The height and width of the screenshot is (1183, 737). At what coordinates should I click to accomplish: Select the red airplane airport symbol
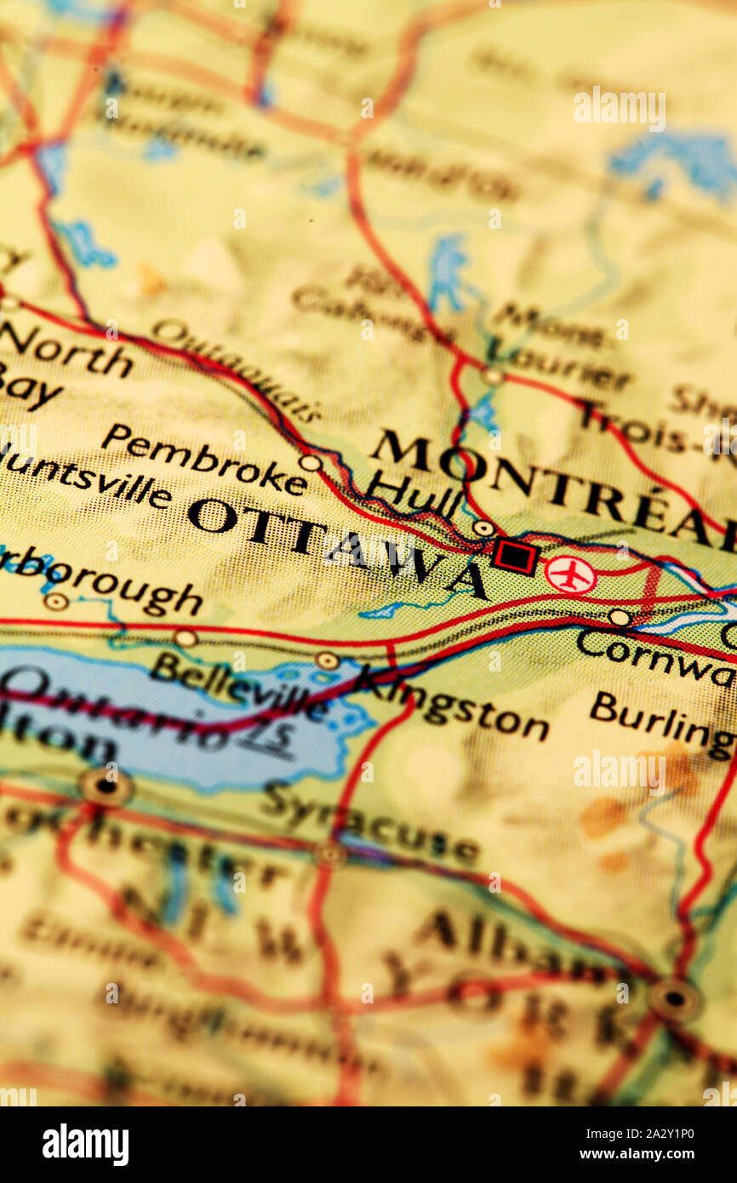[x=569, y=574]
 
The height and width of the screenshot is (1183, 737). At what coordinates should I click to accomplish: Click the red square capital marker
[x=514, y=557]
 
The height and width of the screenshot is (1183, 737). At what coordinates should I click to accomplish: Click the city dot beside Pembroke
[x=310, y=463]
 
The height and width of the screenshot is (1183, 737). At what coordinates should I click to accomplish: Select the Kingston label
[x=452, y=702]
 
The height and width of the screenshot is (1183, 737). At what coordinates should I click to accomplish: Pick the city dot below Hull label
[x=483, y=528]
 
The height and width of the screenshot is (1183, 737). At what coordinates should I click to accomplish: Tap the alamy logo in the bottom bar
[x=85, y=1145]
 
